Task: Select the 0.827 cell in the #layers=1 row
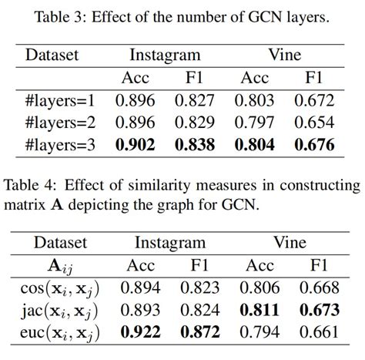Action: [x=193, y=101]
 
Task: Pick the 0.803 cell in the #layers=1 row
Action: [x=256, y=101]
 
